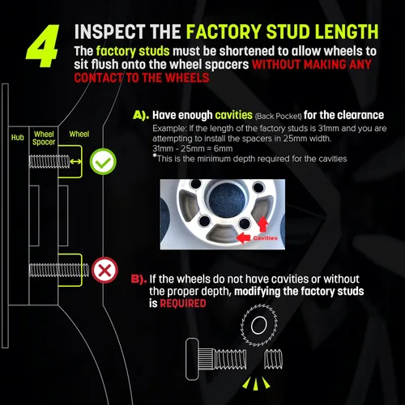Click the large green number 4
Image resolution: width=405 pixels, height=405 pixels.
pyautogui.click(x=43, y=46)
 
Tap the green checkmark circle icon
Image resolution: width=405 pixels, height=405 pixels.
pyautogui.click(x=103, y=161)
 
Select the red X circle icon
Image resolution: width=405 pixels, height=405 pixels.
pyautogui.click(x=104, y=270)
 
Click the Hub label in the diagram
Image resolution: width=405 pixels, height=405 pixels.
pyautogui.click(x=18, y=138)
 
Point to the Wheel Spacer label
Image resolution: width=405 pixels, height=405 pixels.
pyautogui.click(x=44, y=138)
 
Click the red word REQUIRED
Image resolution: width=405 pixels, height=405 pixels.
pyautogui.click(x=183, y=304)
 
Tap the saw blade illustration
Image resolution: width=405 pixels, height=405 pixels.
pyautogui.click(x=259, y=325)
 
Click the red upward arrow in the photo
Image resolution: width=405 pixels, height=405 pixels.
pyautogui.click(x=263, y=224)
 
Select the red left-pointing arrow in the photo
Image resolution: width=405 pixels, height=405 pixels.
pyautogui.click(x=243, y=238)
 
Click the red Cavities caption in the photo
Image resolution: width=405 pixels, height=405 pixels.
pyautogui.click(x=265, y=238)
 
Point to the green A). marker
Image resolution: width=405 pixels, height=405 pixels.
pyautogui.click(x=141, y=115)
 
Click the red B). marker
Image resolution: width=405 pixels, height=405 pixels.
pyautogui.click(x=139, y=279)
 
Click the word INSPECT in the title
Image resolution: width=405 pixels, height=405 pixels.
pyautogui.click(x=109, y=32)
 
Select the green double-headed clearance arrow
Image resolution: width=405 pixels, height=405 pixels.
pyautogui.click(x=75, y=161)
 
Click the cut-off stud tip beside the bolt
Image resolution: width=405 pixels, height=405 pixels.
pyautogui.click(x=273, y=359)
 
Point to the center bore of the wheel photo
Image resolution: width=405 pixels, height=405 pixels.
pyautogui.click(x=227, y=199)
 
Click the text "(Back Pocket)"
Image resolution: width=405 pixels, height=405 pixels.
pyautogui.click(x=278, y=117)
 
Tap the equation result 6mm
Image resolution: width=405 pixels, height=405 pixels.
pyautogui.click(x=223, y=148)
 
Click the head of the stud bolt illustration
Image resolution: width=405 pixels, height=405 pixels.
pyautogui.click(x=192, y=359)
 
